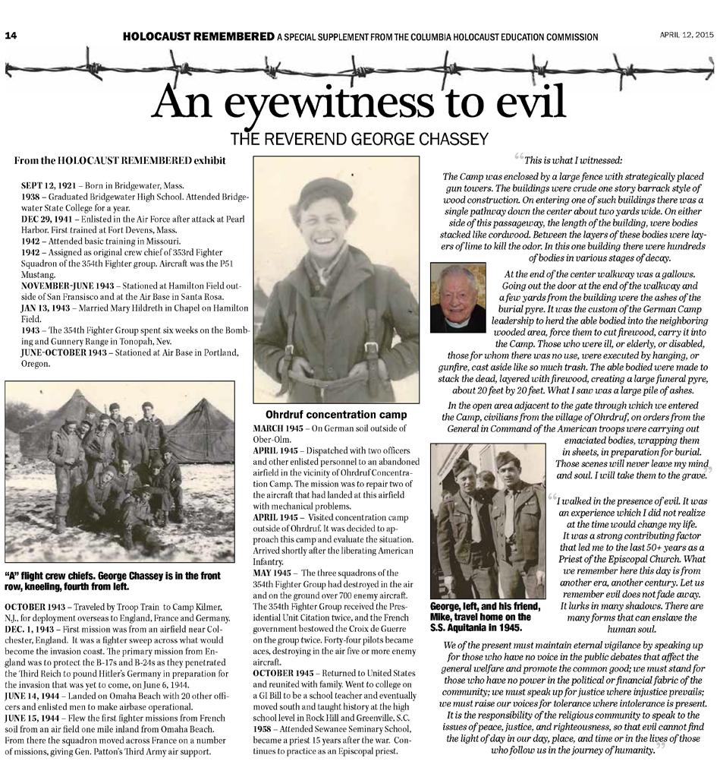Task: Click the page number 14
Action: pos(12,35)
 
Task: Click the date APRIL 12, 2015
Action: pos(686,35)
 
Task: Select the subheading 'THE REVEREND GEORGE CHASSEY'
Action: pos(359,139)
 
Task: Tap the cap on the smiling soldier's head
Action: pos(325,192)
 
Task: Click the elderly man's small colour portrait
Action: pos(457,298)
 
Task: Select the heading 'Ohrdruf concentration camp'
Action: pos(336,415)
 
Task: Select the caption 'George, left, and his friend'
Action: pos(485,611)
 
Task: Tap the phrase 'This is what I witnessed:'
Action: pos(573,160)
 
